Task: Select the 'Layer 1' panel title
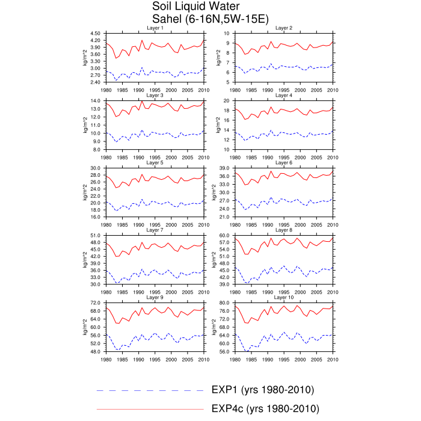click(155, 28)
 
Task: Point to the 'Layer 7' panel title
click(155, 230)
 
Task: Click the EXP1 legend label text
click(263, 390)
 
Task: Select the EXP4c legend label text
click(265, 408)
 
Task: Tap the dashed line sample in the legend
click(150, 391)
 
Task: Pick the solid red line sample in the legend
click(150, 409)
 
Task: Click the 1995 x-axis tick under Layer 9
click(155, 358)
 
